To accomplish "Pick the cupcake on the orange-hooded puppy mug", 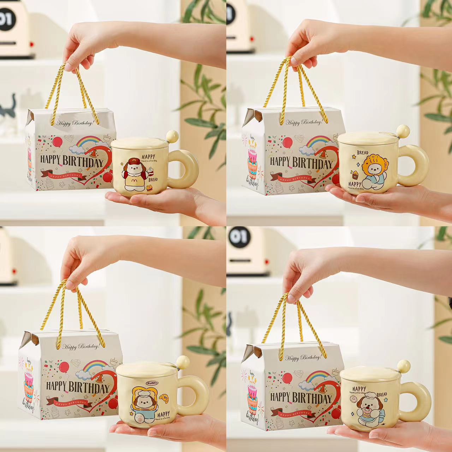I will (x=354, y=173).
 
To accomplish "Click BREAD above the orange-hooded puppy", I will (x=363, y=153).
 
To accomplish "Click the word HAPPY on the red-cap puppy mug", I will (x=149, y=156).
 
